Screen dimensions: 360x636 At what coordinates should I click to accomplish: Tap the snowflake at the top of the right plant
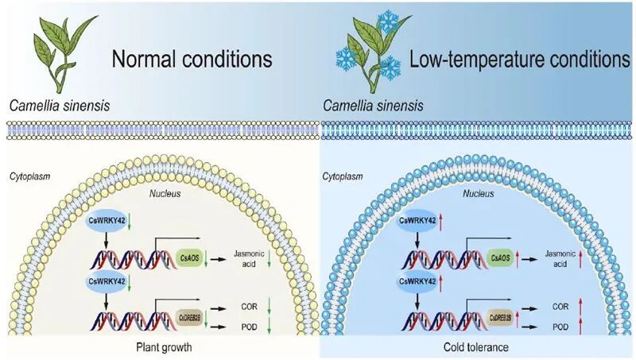coord(390,21)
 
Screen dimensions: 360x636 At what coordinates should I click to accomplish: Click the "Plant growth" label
coord(159,346)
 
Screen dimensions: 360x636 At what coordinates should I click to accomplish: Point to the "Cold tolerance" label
coord(478,346)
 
